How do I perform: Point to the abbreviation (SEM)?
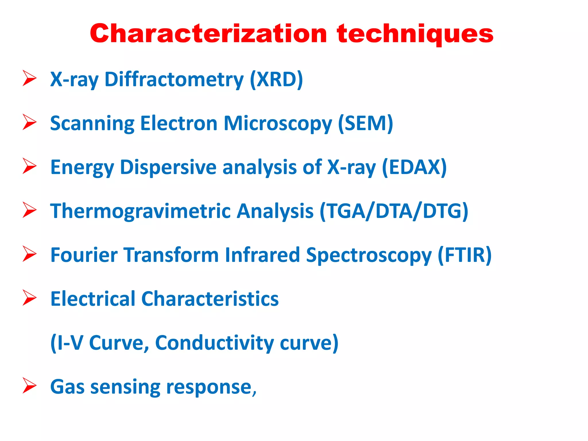pyautogui.click(x=365, y=123)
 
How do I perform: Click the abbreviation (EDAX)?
pyautogui.click(x=414, y=167)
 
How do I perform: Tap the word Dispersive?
pyautogui.click(x=168, y=167)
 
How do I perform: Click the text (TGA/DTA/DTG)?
pyautogui.click(x=394, y=211)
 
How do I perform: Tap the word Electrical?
pyautogui.click(x=93, y=299)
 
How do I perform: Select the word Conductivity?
pyautogui.click(x=214, y=343)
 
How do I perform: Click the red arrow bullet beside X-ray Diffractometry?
pyautogui.click(x=29, y=78)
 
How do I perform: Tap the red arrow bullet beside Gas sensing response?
pyautogui.click(x=29, y=386)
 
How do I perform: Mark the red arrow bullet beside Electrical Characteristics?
pyautogui.click(x=29, y=298)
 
